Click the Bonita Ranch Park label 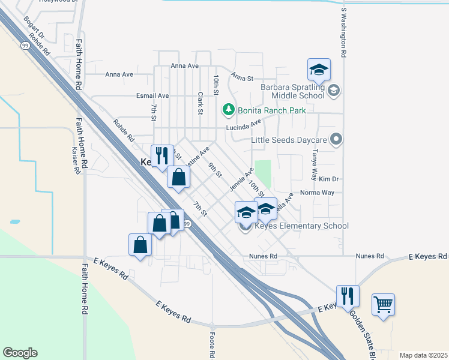coord(272,110)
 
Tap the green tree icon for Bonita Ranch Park coord(228,110)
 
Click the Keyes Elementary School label coord(302,226)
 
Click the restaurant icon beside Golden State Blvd coord(348,296)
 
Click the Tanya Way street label coord(313,166)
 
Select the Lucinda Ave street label coord(244,126)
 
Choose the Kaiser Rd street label coord(76,161)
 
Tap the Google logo coord(20,353)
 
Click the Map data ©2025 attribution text coord(423,355)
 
